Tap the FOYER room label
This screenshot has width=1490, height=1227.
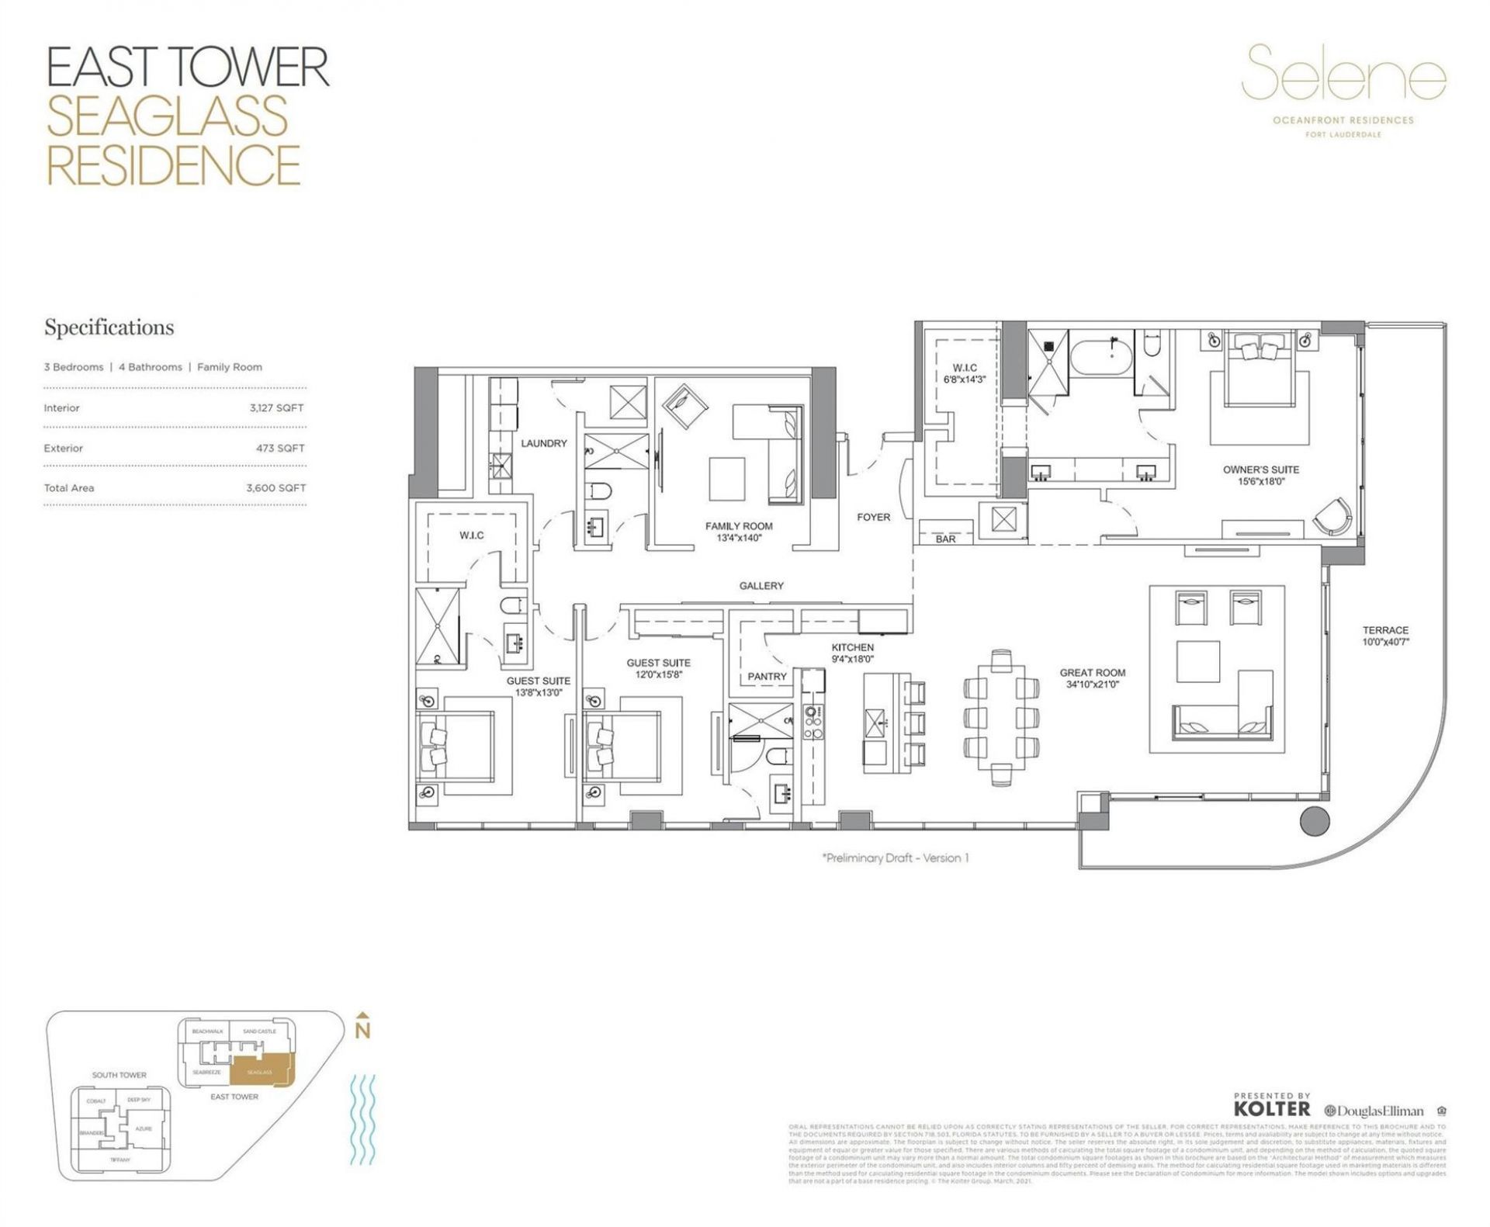pyautogui.click(x=873, y=517)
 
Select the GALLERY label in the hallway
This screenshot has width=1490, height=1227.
pyautogui.click(x=761, y=586)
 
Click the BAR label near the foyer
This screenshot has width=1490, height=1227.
pyautogui.click(x=945, y=539)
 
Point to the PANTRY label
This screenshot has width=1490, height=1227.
pyautogui.click(x=767, y=677)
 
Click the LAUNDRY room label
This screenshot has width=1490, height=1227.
pyautogui.click(x=543, y=443)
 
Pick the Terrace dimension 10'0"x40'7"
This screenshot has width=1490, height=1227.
pyautogui.click(x=1385, y=642)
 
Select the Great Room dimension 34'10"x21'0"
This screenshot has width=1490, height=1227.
pyautogui.click(x=1092, y=685)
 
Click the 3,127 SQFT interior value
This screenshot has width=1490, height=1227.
pyautogui.click(x=276, y=408)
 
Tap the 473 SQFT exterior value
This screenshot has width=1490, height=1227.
pyautogui.click(x=280, y=449)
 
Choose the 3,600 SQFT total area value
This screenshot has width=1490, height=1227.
pyautogui.click(x=275, y=488)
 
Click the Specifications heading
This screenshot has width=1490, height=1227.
pyautogui.click(x=109, y=328)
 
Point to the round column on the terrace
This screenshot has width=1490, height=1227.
pyautogui.click(x=1314, y=820)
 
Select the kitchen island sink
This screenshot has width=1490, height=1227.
pyautogui.click(x=875, y=723)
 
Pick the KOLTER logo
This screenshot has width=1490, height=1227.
pyautogui.click(x=1271, y=1109)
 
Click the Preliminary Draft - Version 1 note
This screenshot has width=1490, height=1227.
pyautogui.click(x=895, y=858)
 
